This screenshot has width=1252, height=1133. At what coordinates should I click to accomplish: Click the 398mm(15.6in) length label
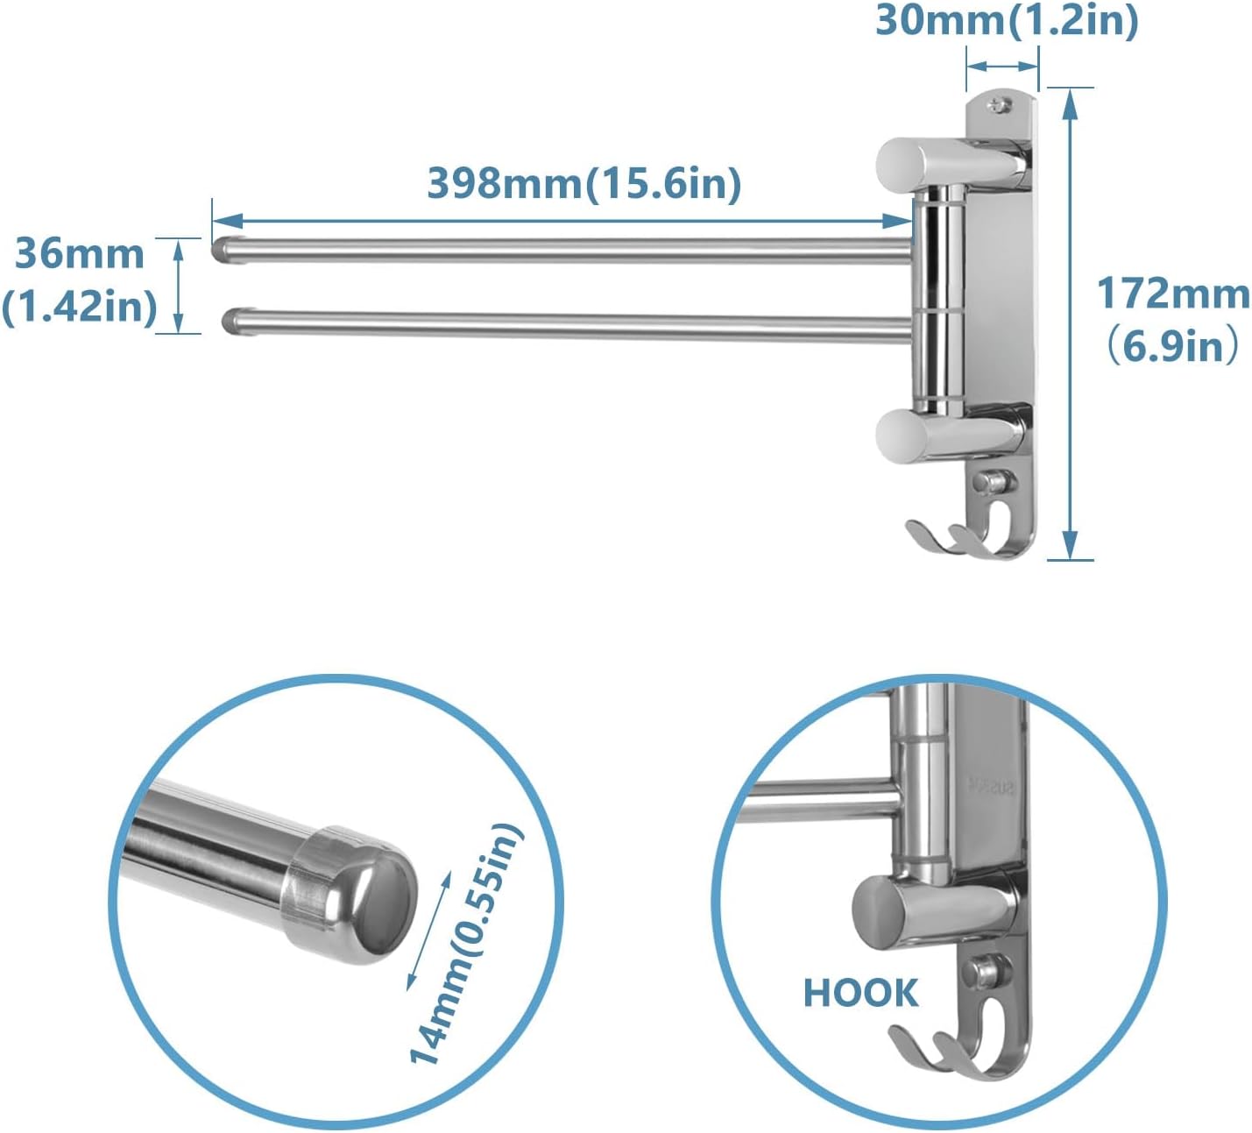point(584,184)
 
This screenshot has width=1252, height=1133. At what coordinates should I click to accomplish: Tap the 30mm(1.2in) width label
point(1007,21)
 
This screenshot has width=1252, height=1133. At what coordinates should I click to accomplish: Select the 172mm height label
point(1173,293)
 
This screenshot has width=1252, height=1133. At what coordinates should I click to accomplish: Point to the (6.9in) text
point(1173,346)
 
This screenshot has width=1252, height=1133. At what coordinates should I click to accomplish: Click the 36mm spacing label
point(80,254)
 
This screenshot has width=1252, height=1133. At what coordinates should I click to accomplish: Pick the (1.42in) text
point(80,307)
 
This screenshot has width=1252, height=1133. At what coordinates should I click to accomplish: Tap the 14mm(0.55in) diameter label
point(466,945)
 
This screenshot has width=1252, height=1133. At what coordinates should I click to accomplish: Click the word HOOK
point(860,994)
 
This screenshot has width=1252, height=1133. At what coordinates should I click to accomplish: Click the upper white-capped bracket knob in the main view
point(902,163)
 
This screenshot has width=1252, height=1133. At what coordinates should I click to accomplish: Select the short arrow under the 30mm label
point(1002,66)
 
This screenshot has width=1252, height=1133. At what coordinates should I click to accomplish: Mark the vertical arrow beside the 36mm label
point(179,285)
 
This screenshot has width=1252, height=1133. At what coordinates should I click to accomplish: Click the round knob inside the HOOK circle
point(885,910)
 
